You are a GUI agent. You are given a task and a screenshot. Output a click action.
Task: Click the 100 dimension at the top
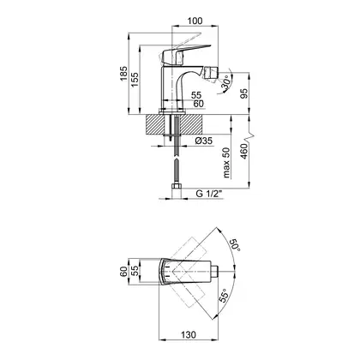click(195, 21)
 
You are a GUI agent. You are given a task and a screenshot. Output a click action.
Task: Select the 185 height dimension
click(123, 74)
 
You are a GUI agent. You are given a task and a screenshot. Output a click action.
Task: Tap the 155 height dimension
click(135, 80)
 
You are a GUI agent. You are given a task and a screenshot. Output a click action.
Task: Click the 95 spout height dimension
click(244, 93)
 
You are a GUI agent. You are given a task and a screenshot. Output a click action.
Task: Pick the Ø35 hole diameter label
click(203, 141)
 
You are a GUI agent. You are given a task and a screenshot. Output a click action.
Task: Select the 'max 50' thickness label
click(226, 163)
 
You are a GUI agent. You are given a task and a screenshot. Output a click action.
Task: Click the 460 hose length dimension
click(244, 152)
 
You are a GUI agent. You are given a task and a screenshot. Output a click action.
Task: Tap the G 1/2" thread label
click(209, 194)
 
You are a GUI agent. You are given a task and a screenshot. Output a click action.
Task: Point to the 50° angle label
click(236, 244)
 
